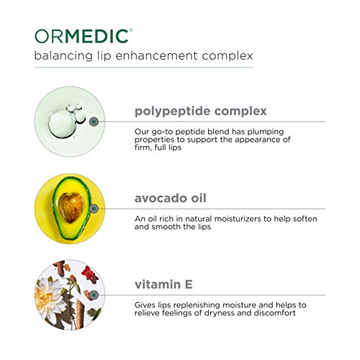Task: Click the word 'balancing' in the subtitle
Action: tap(63, 56)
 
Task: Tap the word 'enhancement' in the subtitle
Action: tap(156, 55)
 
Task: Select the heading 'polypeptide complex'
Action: tap(201, 112)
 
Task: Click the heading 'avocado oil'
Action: tap(171, 198)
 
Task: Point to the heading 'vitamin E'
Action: tap(163, 284)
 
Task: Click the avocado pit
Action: tap(71, 207)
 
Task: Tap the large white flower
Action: tap(49, 297)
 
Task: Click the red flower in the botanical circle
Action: tap(89, 273)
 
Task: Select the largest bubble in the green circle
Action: tap(61, 125)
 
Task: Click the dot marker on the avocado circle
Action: tap(94, 209)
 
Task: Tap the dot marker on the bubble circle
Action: tap(94, 122)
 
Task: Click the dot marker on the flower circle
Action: tap(94, 294)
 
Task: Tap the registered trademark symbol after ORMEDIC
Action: tap(131, 30)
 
